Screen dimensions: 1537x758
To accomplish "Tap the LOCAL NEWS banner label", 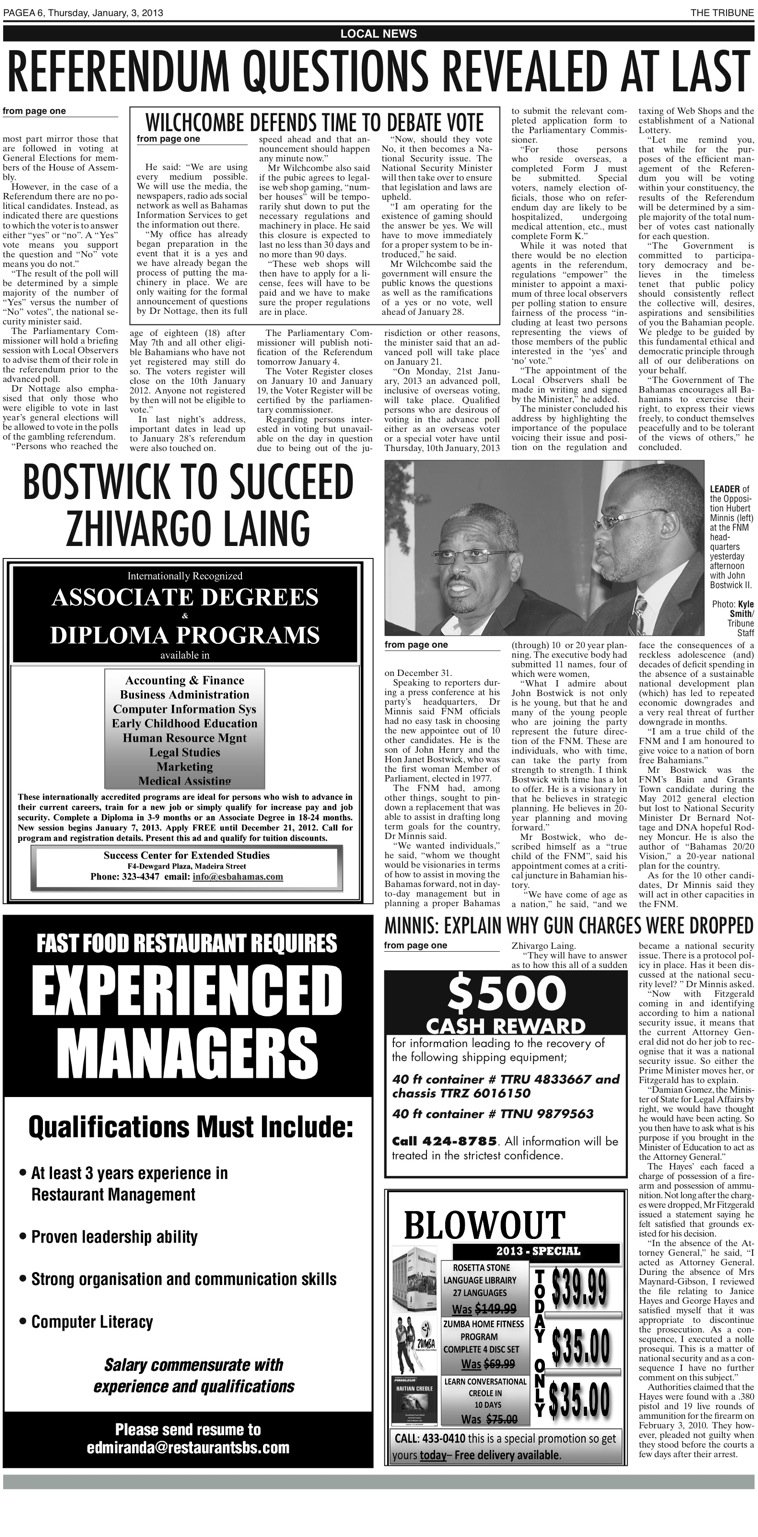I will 378,34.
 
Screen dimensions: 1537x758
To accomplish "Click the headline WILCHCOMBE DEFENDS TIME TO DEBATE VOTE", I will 317,121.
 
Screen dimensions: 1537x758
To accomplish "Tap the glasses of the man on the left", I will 470,556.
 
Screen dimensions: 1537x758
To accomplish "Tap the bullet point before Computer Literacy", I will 22,1322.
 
